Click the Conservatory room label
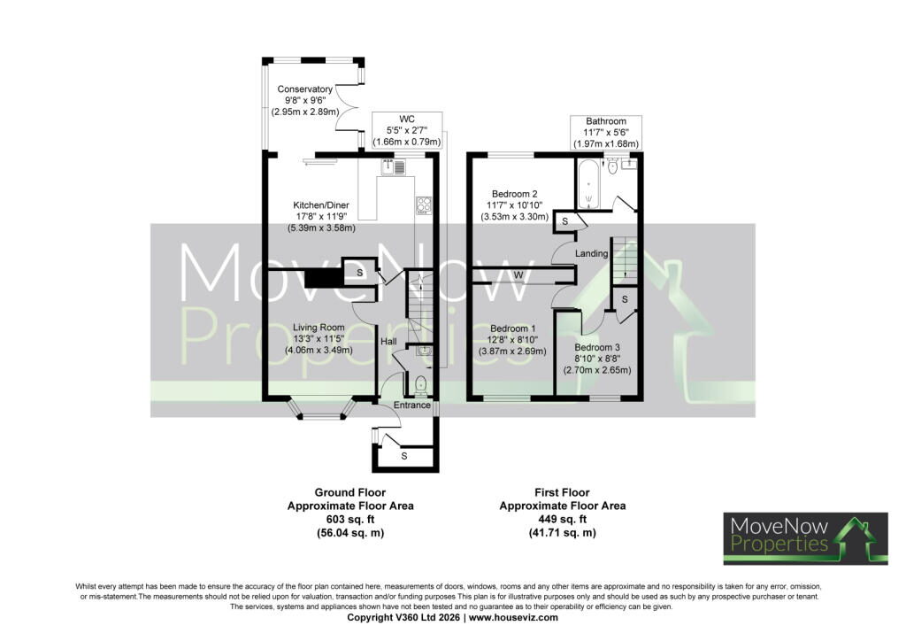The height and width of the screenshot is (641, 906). [304, 89]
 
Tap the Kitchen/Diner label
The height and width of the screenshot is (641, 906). [321, 205]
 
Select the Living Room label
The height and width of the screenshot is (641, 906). [319, 328]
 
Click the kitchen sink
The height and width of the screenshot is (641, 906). [393, 166]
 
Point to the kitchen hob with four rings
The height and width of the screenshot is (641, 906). [424, 205]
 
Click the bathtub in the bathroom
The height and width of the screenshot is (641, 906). [588, 184]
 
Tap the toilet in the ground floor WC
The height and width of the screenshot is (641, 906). [420, 384]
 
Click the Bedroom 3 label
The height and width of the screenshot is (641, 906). [597, 347]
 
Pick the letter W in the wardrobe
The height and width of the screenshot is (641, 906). [518, 275]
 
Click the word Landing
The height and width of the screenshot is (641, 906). [591, 253]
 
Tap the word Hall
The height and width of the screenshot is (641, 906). [388, 342]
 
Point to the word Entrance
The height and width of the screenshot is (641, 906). [412, 405]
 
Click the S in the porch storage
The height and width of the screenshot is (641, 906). [403, 456]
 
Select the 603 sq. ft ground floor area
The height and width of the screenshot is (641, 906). [350, 519]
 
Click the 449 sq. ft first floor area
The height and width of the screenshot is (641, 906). [562, 519]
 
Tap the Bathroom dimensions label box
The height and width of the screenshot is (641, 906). [605, 133]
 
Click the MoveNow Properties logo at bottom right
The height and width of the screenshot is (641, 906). [805, 538]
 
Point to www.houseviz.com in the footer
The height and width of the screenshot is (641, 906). [513, 617]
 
